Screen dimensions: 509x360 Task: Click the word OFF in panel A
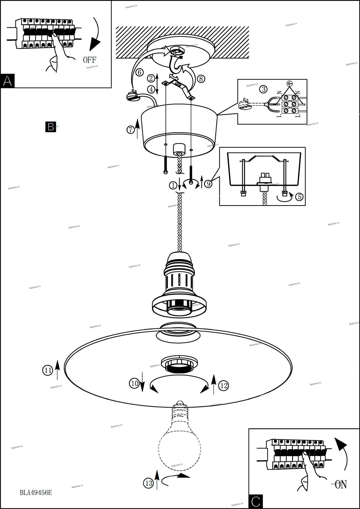click(x=90, y=60)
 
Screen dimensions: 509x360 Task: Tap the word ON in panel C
click(x=341, y=485)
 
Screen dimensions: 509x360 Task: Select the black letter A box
click(x=7, y=81)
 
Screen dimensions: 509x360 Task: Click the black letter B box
click(x=50, y=127)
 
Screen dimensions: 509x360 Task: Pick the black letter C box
click(x=255, y=501)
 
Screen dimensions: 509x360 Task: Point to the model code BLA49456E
click(x=36, y=492)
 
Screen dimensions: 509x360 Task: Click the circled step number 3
click(x=263, y=89)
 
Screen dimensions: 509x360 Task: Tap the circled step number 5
click(x=299, y=197)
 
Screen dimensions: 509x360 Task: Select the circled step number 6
click(x=139, y=73)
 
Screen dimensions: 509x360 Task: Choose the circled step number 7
click(x=131, y=130)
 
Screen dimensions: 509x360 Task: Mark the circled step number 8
click(x=201, y=79)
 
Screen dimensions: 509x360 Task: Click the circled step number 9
click(x=208, y=184)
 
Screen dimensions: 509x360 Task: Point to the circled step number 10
click(x=134, y=383)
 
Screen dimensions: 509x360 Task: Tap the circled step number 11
click(x=48, y=371)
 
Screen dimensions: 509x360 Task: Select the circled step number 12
click(x=224, y=386)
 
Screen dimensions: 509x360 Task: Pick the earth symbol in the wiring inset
click(x=289, y=83)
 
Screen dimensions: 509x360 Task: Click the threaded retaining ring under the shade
click(x=179, y=364)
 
